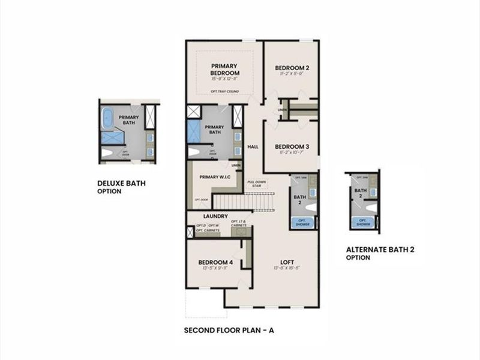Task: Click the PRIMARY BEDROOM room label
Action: (224, 69)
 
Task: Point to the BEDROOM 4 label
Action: (215, 263)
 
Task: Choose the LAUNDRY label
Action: (214, 216)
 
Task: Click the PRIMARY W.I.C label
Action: (215, 177)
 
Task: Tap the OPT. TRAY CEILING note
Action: (225, 91)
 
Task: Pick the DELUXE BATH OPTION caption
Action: (121, 187)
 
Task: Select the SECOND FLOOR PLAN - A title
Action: (229, 331)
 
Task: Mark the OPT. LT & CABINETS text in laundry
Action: (239, 224)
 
